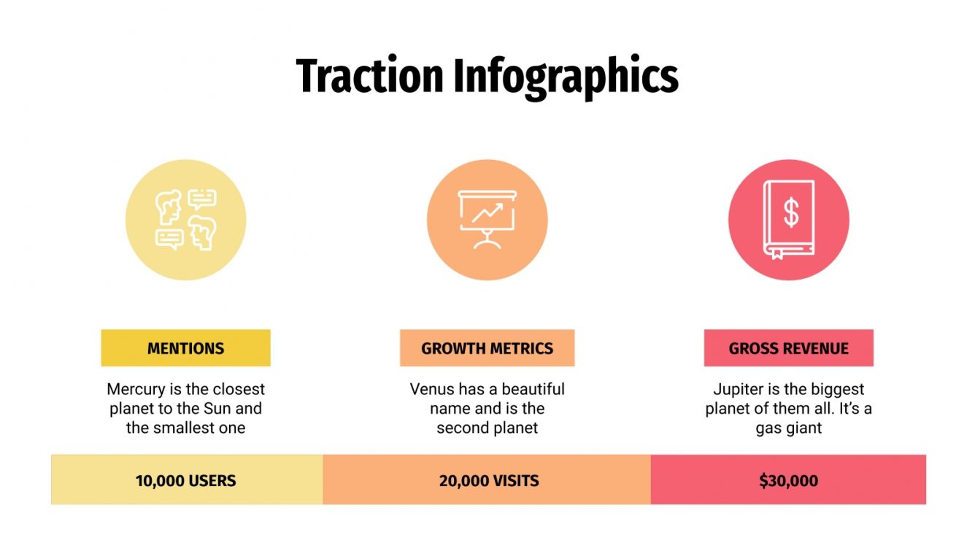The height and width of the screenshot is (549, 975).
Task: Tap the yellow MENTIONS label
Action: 185,348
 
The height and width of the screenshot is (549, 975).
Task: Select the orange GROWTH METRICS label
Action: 487,348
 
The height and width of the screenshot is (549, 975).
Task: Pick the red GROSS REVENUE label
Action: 788,348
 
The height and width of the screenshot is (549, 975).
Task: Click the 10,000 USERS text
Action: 185,480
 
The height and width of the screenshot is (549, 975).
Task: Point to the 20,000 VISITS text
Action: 488,480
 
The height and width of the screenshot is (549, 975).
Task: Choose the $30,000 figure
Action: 788,480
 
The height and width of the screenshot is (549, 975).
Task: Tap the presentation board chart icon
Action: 487,220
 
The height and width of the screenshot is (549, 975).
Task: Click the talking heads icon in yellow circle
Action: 185,220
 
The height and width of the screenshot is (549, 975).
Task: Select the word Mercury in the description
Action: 136,389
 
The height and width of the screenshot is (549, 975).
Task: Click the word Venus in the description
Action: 431,389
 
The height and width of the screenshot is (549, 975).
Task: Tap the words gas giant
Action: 788,428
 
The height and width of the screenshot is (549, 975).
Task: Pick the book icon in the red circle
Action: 788,220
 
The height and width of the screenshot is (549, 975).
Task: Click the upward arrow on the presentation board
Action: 487,212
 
